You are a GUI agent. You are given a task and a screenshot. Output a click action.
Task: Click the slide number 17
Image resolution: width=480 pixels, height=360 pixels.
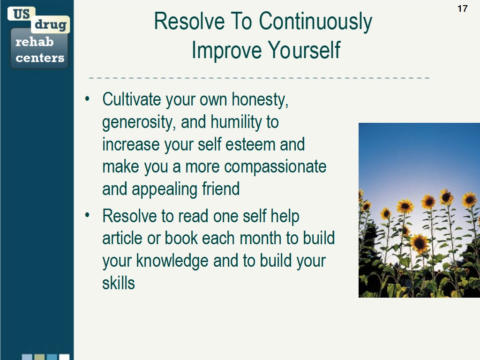[462, 8]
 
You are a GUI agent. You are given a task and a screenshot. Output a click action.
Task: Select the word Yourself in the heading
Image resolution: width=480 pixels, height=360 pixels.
[304, 50]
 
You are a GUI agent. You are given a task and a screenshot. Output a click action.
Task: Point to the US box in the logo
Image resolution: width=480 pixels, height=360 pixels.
[21, 14]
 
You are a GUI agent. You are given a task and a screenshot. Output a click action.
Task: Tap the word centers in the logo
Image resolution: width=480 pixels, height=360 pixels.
[40, 58]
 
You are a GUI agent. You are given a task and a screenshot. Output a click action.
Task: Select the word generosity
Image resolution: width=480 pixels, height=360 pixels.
[139, 122]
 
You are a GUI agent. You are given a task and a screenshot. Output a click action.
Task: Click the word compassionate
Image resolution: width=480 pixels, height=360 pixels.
[275, 167]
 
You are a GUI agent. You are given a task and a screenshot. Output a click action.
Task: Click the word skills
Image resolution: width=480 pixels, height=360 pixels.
[119, 283]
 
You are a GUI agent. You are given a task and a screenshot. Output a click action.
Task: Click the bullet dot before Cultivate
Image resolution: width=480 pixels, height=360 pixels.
[87, 99]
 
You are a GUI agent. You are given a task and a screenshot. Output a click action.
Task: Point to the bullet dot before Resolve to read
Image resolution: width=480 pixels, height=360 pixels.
[87, 216]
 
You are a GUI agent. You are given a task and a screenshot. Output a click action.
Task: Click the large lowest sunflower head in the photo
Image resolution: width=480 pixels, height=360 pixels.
[420, 242]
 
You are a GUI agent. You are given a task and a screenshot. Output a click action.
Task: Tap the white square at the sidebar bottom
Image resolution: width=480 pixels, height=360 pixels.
[64, 357]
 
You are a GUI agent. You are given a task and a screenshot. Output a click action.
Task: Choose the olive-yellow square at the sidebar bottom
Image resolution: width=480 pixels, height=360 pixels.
[40, 357]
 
